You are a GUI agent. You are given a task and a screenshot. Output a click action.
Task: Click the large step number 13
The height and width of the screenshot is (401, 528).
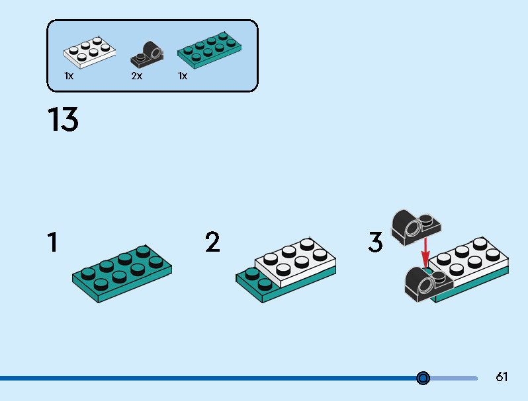tap(63, 120)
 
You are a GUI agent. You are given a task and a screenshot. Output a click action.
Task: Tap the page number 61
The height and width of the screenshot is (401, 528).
tap(502, 377)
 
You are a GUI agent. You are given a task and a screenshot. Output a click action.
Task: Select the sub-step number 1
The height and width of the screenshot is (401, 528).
tap(52, 242)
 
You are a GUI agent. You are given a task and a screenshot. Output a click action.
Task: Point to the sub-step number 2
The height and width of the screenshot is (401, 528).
tap(212, 242)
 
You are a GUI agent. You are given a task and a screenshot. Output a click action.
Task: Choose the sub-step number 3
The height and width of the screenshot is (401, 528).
tap(375, 242)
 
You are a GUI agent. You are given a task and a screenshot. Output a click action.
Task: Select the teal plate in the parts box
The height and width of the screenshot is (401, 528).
tap(209, 50)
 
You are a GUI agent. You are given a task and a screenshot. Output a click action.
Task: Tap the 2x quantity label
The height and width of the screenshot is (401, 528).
tap(136, 76)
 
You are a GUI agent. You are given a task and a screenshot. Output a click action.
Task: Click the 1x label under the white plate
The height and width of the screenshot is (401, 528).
tap(69, 76)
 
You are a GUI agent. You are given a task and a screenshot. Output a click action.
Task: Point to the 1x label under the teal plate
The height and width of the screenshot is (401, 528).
tap(183, 76)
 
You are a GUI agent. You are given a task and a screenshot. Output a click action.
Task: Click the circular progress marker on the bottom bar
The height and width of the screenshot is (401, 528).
tap(423, 378)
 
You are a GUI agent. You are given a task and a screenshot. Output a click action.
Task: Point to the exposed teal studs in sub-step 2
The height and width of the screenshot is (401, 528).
tap(257, 278)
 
